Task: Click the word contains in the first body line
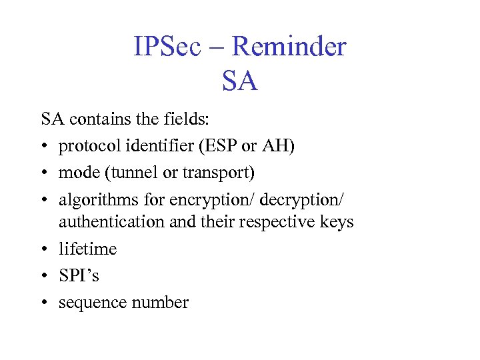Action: (94, 120)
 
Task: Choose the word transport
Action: (214, 173)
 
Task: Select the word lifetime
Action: (87, 249)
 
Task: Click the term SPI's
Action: (79, 275)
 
